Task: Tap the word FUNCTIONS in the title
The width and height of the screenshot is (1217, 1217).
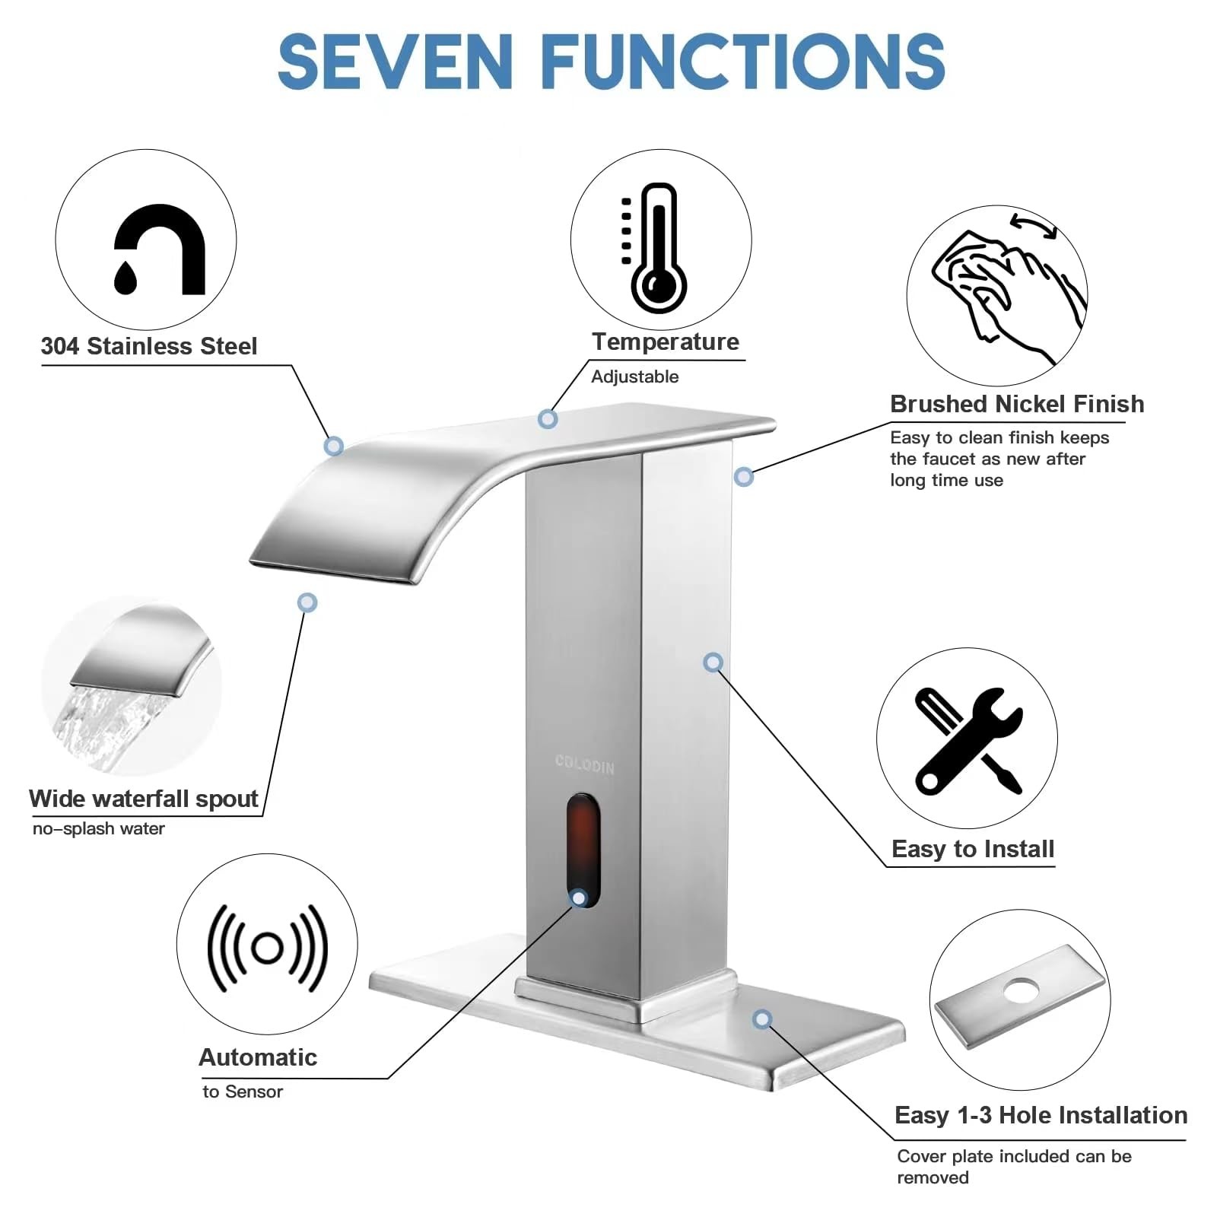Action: [743, 61]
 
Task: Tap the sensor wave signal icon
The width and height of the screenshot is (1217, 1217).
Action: [267, 948]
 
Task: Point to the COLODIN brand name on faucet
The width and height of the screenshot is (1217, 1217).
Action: [584, 764]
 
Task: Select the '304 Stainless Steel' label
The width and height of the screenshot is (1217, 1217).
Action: [149, 346]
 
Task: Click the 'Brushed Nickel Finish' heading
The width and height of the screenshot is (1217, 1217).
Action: [1017, 404]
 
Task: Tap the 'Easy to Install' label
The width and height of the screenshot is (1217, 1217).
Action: [973, 849]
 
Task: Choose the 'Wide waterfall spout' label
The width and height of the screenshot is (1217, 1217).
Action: [144, 799]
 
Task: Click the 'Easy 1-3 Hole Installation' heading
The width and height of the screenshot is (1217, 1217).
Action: [1041, 1115]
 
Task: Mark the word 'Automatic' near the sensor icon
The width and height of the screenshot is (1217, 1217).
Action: [258, 1057]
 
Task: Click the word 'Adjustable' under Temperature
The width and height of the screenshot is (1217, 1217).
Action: [635, 377]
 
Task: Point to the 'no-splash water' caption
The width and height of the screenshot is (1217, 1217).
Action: [99, 829]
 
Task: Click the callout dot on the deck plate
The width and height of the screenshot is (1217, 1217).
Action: [762, 1019]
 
